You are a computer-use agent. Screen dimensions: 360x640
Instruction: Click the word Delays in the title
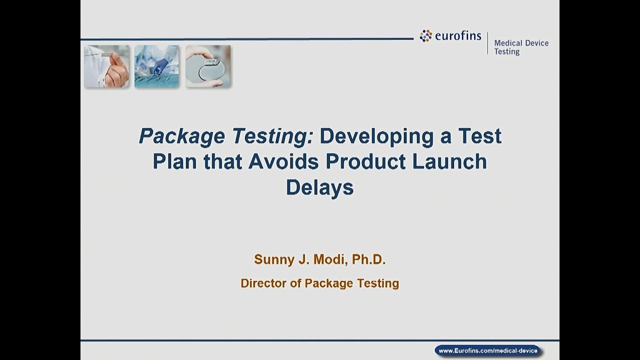coord(319,187)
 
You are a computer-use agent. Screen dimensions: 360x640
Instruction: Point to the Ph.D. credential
coord(369,259)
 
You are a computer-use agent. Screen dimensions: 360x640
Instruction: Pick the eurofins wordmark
coord(457,36)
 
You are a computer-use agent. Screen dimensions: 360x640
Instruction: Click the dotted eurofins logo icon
coord(426,35)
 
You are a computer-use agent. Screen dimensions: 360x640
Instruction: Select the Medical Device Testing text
coord(521,47)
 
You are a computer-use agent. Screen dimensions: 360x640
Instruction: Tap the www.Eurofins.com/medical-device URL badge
coord(488,350)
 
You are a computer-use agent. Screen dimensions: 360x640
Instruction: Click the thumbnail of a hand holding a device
coord(106,66)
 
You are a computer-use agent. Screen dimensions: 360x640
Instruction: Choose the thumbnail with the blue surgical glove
coord(156,66)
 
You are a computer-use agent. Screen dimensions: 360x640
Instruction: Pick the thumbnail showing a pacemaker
coord(207,66)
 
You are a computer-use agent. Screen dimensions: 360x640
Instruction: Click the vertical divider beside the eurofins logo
coord(487,43)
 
